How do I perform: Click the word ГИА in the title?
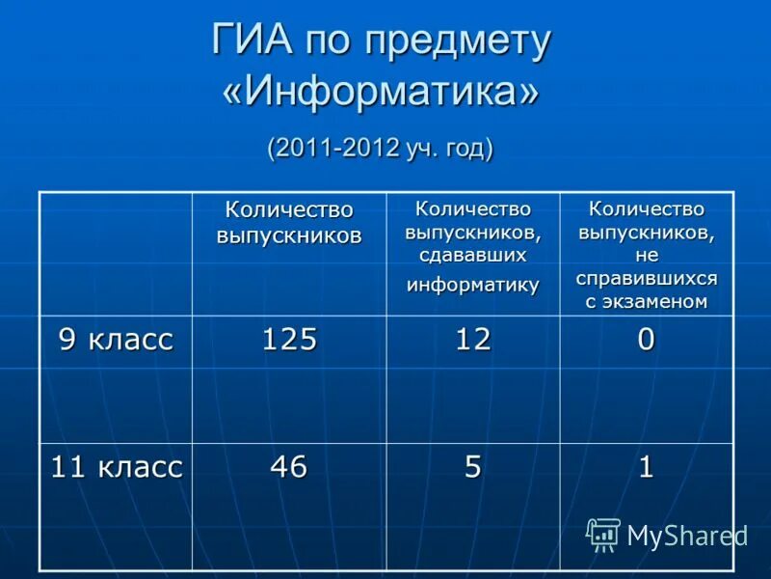[253, 41]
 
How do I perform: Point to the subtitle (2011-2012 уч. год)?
[381, 149]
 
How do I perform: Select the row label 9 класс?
[116, 339]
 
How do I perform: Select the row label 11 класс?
[116, 467]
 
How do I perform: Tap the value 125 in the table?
[289, 339]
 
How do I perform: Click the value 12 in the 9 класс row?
[473, 339]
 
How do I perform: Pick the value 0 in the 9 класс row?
[646, 339]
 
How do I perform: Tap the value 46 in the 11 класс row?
[289, 467]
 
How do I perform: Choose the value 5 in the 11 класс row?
[473, 467]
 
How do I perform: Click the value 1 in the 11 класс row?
[646, 467]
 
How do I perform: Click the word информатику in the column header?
[472, 285]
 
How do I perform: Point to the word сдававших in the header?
[472, 256]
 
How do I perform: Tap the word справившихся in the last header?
[647, 278]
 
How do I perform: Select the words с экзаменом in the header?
[647, 301]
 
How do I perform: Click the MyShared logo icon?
[603, 534]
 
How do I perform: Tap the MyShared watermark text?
[686, 536]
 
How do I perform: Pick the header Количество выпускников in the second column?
[289, 222]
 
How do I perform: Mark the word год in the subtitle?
[465, 149]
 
